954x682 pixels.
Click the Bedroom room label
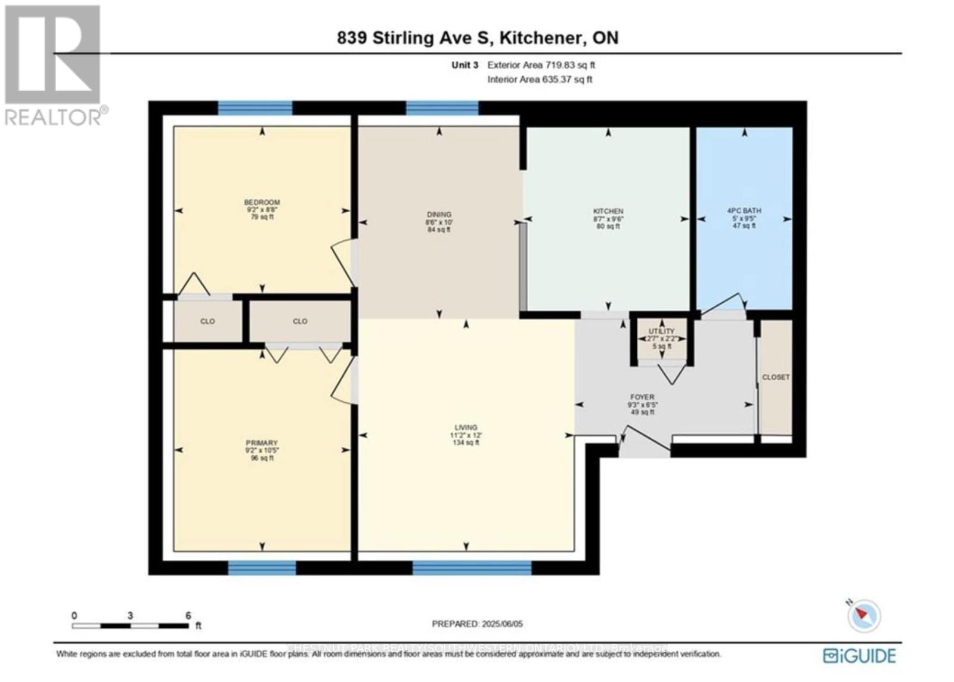coord(262,203)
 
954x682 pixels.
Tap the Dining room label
coord(439,215)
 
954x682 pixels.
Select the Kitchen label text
coord(608,211)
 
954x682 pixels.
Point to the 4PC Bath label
coord(744,211)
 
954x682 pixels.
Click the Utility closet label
coord(661,331)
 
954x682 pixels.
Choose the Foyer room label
coord(642,397)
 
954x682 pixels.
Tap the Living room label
coord(466,427)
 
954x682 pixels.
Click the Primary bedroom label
coord(262,443)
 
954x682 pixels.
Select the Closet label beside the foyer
coord(776,377)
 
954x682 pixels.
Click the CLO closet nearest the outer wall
coord(207,321)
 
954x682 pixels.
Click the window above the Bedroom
coord(255,108)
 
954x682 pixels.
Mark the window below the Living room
coord(472,568)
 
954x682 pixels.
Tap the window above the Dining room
coord(442,108)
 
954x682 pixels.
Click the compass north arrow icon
coord(863,615)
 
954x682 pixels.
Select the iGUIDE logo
coord(859,656)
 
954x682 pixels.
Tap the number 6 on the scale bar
coord(188,616)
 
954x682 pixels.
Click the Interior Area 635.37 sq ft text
coord(540,79)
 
